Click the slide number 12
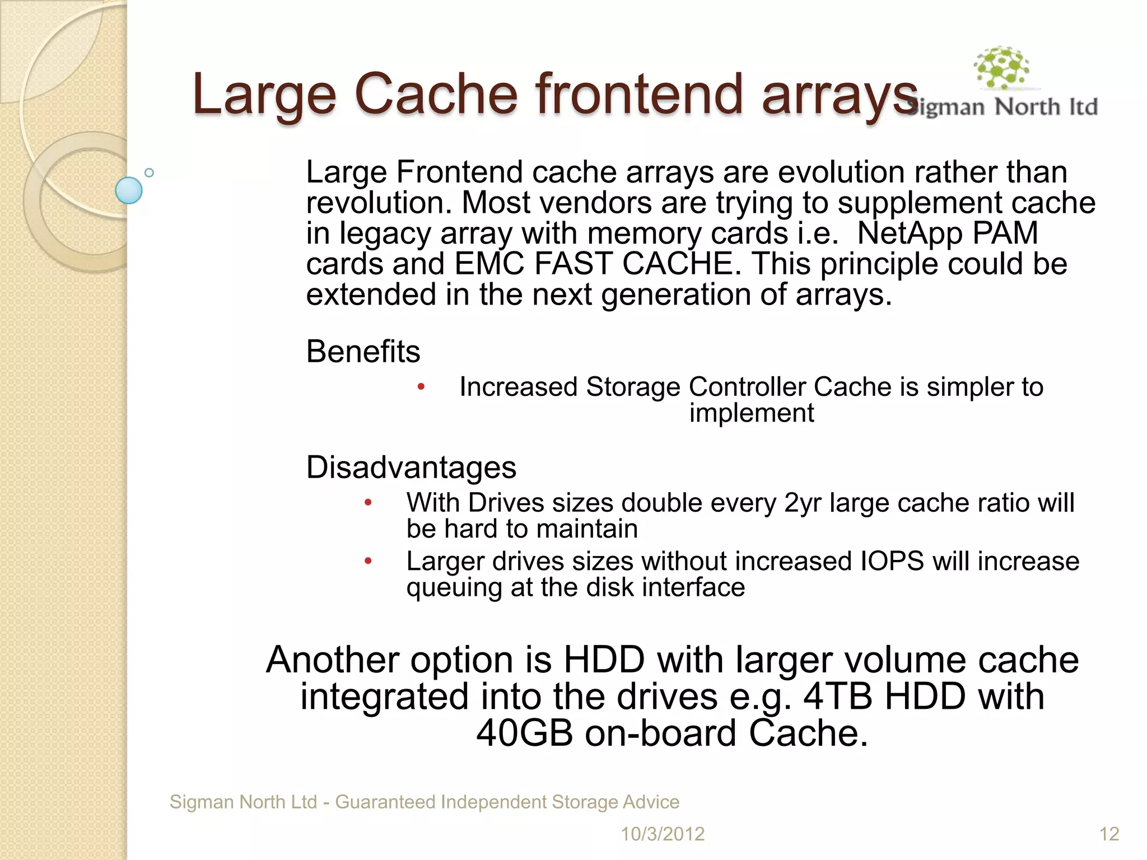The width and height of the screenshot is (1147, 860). pos(1109,834)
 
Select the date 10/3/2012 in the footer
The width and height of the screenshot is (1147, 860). pos(662,834)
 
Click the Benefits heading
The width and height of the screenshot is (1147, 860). pos(363,352)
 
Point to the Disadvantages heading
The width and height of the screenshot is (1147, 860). pos(411,467)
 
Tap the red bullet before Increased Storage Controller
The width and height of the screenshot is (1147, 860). pos(421,386)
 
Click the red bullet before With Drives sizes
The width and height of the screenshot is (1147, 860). pos(368,502)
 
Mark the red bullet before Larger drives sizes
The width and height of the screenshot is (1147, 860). pos(368,560)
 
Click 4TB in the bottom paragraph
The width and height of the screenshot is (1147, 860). pos(838,697)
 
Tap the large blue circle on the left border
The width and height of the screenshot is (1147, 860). pos(129,190)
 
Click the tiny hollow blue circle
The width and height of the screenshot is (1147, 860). pos(149,172)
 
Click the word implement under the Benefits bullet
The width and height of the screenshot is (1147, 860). pos(751,413)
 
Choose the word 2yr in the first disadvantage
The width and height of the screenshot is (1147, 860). pos(802,503)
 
